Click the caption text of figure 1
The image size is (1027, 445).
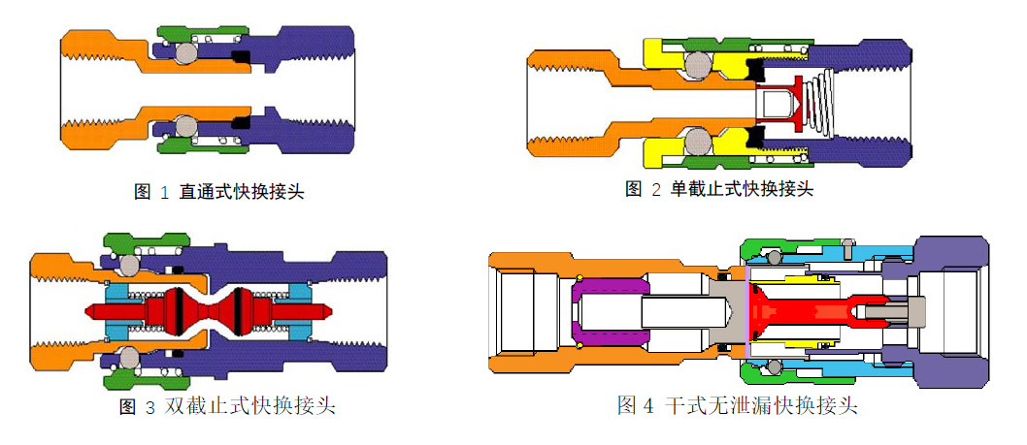coord(218,192)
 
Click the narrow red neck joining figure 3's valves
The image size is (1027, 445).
coord(210,310)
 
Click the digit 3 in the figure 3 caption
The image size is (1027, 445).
coord(149,408)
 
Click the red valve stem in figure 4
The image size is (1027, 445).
coord(806,311)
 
